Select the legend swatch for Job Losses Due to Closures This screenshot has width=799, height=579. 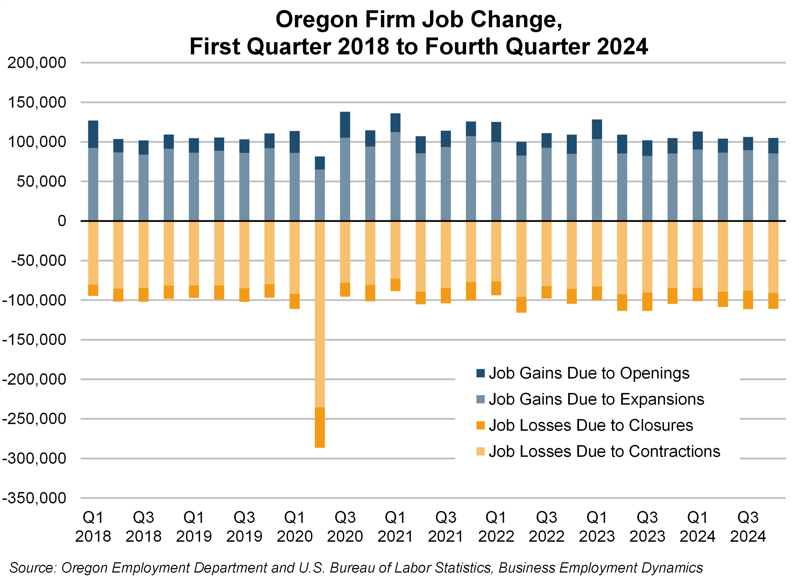480,425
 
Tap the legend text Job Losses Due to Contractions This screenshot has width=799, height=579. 604,451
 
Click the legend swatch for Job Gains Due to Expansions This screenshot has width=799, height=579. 480,399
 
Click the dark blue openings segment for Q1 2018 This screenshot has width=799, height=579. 93,134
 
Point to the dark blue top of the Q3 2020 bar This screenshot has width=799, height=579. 345,125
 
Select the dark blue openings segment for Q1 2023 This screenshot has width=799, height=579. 597,129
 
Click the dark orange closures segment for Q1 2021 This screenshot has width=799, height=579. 395,285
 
